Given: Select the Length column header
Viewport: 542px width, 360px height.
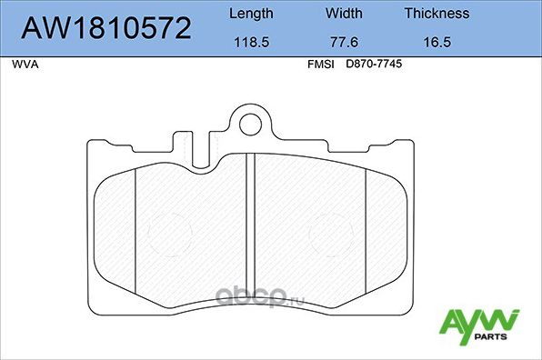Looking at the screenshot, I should [249, 14].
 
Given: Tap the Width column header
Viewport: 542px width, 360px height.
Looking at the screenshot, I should [344, 14].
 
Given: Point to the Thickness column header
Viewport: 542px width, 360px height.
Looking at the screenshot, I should [437, 14].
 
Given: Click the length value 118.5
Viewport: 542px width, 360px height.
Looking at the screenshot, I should [249, 42].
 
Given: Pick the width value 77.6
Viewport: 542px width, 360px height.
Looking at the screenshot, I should [344, 42].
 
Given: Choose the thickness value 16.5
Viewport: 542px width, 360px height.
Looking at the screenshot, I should [437, 42].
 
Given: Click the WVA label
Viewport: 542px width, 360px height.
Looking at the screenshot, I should [25, 65].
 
